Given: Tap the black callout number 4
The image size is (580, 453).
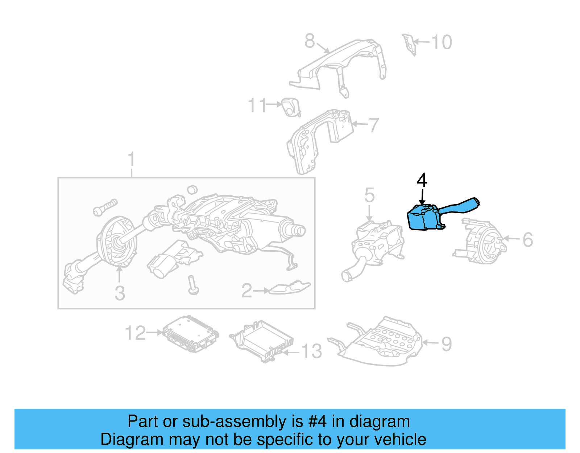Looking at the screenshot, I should point(422,180).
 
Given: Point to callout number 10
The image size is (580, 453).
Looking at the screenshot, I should point(442,42).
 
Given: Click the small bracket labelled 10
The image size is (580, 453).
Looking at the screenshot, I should point(410,44).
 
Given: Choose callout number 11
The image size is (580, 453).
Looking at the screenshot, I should point(257,105).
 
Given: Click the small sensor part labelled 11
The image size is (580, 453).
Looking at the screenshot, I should point(291,107).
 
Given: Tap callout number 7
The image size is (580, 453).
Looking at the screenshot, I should point(374,125).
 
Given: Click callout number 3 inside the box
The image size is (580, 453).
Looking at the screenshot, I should point(120,293).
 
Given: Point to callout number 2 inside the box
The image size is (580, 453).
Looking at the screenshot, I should point(246,291).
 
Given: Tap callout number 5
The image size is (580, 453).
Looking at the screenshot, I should point(369,195).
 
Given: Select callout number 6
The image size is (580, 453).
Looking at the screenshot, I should point(527,240).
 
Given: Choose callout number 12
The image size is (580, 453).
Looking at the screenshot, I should point(135,333).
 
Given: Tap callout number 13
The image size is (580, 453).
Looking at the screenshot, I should point(311,351).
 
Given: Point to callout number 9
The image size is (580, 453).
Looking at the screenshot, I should point(447,344).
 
